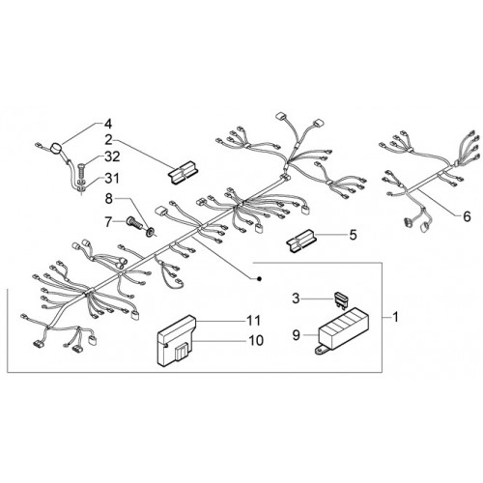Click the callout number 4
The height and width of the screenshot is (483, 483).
tap(107, 124)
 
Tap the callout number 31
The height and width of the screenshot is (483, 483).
tap(110, 178)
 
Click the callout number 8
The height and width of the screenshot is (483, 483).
tap(109, 199)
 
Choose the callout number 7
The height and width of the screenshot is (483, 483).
tap(108, 222)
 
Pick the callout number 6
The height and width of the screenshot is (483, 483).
tap(467, 216)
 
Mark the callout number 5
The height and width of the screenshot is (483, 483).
tap(354, 235)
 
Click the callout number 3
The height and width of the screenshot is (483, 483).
tap(296, 298)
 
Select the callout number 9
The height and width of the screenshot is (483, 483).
tap(296, 335)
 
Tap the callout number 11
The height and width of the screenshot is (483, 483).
tap(254, 320)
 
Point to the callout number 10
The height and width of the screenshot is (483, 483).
tap(256, 340)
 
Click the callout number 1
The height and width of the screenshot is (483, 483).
tap(395, 317)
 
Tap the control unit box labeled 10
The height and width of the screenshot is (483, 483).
tap(177, 341)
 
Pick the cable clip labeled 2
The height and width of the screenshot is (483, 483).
tap(183, 173)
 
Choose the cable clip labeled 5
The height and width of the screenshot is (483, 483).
tap(301, 241)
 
